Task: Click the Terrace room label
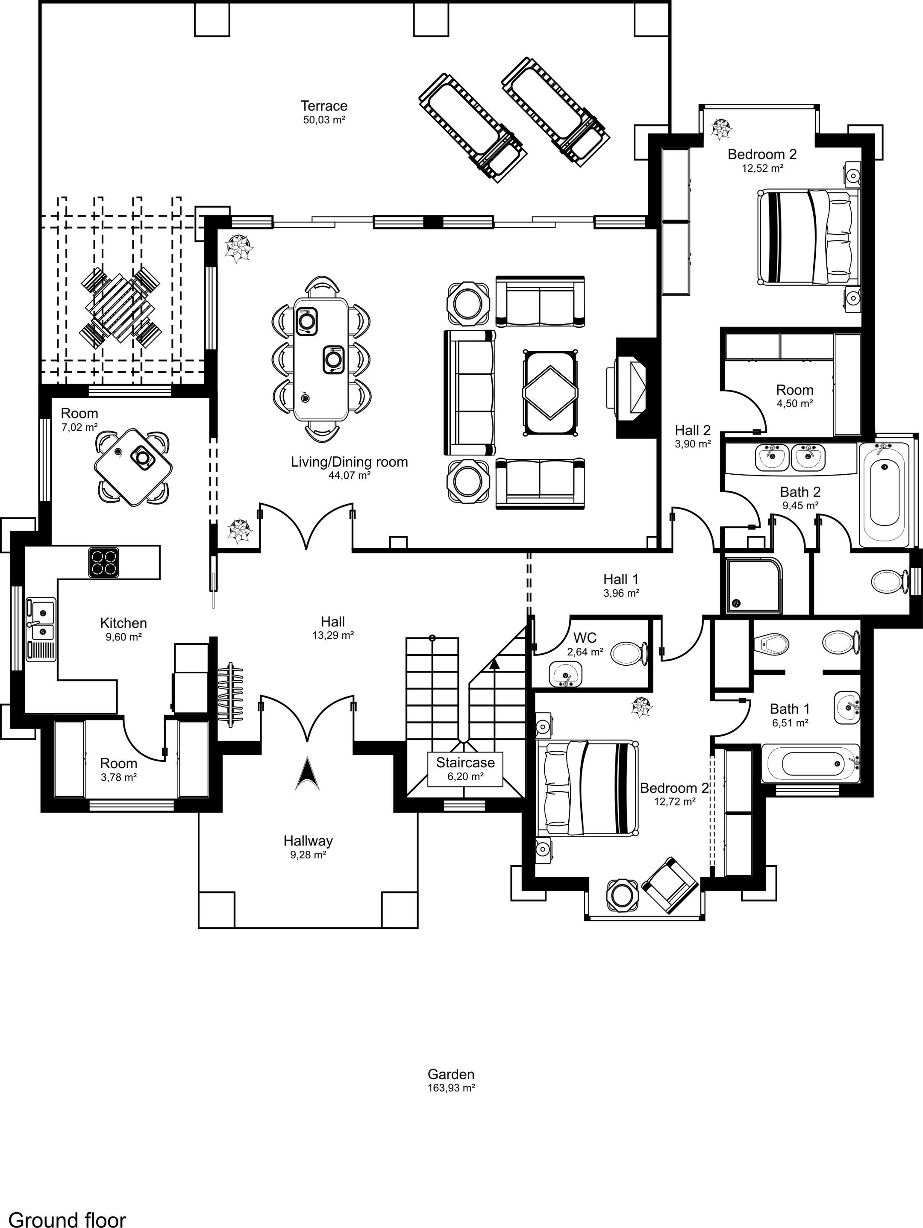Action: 324,106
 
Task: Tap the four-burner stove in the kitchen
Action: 103,562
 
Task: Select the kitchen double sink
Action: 41,629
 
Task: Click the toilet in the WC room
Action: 629,653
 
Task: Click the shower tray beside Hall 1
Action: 751,585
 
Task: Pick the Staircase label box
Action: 465,769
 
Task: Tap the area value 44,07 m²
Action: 349,475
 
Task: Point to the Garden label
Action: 451,1074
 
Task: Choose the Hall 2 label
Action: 693,430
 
